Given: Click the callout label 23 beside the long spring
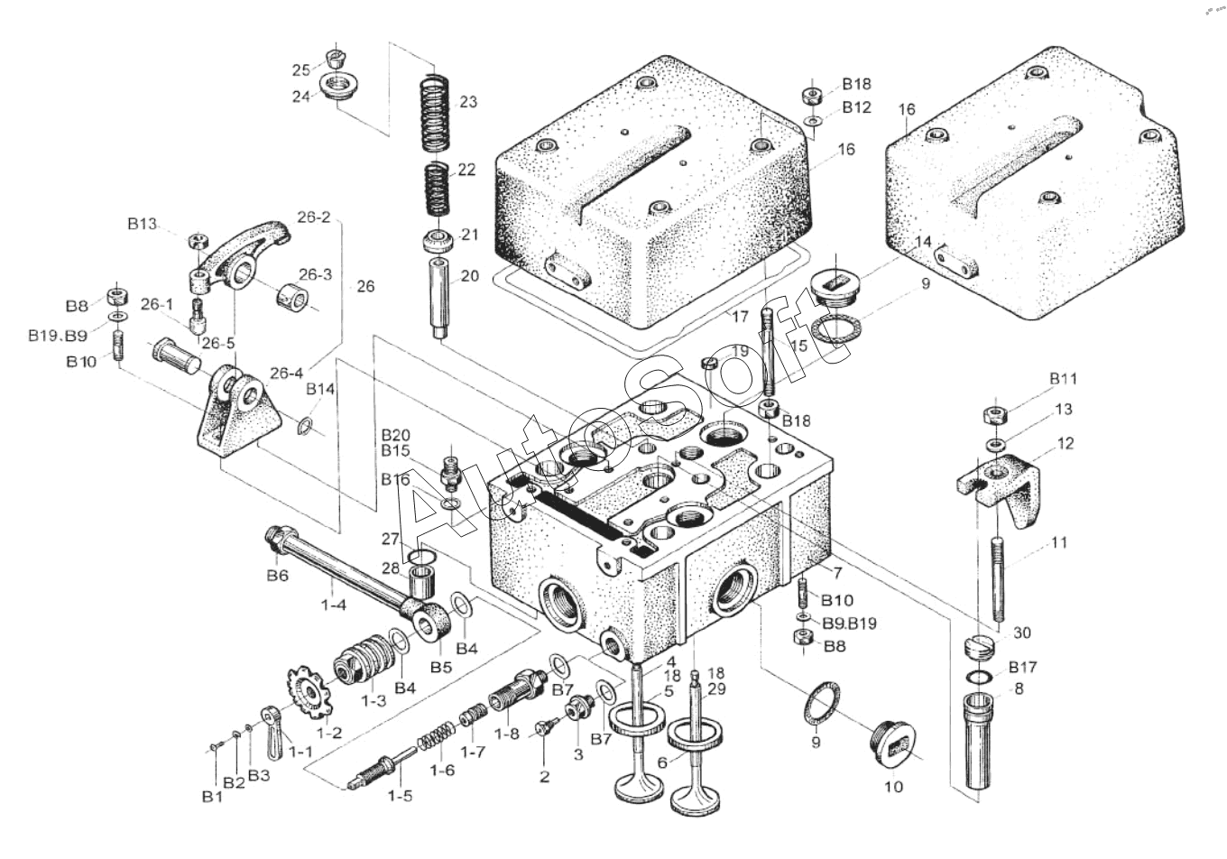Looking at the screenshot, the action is (468, 102).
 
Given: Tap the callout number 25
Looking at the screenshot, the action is (300, 70).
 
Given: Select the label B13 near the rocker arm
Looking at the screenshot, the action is (142, 224).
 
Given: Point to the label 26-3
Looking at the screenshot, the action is (315, 274).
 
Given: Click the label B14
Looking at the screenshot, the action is (320, 389).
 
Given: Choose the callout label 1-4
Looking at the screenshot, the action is (334, 605).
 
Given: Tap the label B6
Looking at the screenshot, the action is (278, 576).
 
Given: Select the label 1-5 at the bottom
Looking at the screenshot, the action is (400, 796).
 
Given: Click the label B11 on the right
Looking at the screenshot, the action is (1063, 379).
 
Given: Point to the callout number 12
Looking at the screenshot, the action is (1066, 443).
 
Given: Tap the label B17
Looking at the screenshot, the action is (1023, 667).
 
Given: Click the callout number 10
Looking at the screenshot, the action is (893, 787).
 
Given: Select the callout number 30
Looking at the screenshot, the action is (1022, 633).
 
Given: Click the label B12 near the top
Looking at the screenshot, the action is (856, 106).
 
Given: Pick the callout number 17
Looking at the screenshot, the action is (740, 316).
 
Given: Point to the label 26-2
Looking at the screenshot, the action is (314, 217).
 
